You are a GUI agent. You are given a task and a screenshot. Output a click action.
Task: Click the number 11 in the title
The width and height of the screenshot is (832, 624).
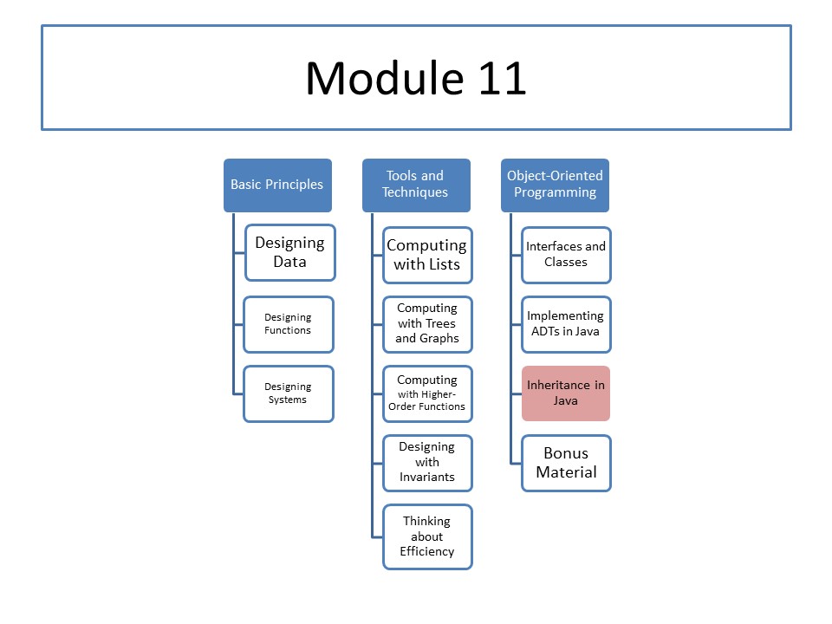click(502, 79)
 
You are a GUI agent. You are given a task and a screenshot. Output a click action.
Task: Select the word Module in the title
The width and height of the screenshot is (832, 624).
click(385, 79)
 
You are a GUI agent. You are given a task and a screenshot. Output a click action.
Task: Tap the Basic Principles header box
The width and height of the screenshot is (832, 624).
click(277, 185)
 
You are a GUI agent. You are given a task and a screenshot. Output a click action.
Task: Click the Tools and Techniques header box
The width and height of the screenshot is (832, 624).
click(417, 185)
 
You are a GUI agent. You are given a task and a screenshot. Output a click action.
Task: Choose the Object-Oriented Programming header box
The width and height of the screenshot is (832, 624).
click(555, 185)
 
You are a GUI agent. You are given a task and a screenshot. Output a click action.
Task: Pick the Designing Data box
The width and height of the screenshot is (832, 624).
click(290, 252)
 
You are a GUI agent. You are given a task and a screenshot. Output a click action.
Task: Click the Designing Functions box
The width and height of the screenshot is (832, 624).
click(289, 324)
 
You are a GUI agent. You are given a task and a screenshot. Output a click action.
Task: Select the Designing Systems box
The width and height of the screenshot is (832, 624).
click(289, 393)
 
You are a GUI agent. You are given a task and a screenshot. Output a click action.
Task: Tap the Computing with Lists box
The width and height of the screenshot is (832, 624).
click(427, 255)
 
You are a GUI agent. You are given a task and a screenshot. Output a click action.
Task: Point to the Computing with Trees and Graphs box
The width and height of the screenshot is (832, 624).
click(427, 324)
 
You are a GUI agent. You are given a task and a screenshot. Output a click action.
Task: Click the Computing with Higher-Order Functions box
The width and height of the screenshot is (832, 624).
click(427, 393)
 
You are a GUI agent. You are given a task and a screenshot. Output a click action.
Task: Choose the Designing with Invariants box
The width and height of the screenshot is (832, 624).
click(427, 463)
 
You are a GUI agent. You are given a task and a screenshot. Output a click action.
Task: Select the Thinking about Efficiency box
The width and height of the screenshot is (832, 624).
click(427, 536)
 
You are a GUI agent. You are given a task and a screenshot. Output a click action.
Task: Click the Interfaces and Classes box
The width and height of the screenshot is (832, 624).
click(566, 255)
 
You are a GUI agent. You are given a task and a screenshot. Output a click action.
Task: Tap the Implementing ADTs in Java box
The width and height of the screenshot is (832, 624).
click(566, 324)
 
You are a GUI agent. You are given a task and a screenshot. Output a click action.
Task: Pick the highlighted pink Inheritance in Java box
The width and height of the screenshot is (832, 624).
click(566, 393)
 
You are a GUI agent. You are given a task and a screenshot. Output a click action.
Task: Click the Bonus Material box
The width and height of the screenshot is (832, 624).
click(566, 463)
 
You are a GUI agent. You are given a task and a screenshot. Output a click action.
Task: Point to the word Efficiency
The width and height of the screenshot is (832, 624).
click(427, 552)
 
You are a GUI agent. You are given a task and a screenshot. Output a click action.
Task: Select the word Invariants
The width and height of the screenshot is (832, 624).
click(427, 477)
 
